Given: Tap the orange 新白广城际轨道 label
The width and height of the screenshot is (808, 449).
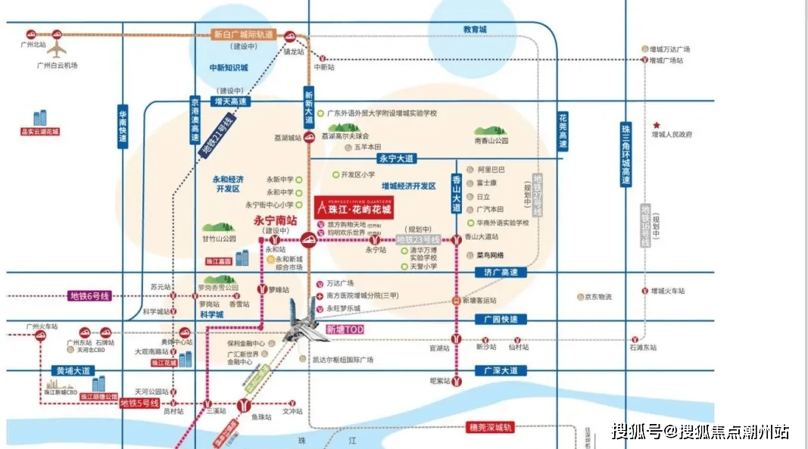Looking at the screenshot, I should click(245, 35).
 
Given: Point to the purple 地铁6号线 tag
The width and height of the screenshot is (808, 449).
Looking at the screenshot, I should click(90, 296).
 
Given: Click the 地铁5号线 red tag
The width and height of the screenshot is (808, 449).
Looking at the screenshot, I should click(139, 404).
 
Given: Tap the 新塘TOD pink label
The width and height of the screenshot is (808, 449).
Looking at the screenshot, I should click(345, 329).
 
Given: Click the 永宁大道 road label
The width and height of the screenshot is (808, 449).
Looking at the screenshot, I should click(397, 158).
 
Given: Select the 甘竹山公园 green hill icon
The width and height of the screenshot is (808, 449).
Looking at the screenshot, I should click(219, 227).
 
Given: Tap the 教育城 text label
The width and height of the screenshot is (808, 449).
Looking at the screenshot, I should click(475, 30).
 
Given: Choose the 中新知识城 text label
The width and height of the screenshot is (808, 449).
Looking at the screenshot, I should click(229, 67).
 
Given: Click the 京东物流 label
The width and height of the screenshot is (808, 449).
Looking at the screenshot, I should click(597, 297).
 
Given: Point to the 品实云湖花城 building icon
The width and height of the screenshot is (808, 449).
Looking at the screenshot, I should click(41, 118).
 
